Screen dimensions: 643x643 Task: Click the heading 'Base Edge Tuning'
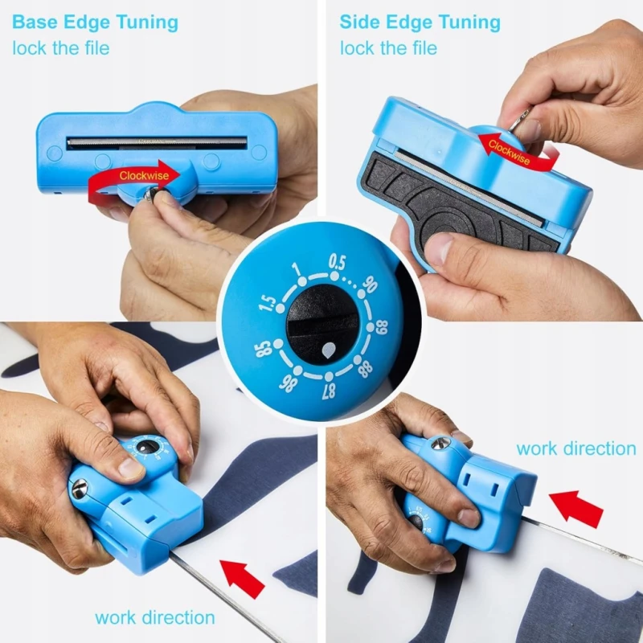point(95,23)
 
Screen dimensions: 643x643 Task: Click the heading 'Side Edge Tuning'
point(420,23)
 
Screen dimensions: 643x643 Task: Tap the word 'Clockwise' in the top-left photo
point(144,176)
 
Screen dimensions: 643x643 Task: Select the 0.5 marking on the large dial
point(337,262)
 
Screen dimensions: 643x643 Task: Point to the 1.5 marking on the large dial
point(268,303)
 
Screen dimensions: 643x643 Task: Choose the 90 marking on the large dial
point(370,285)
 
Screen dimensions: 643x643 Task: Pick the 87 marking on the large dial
point(329,391)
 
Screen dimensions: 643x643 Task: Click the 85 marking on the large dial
point(264,349)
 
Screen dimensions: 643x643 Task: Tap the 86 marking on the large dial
point(288,383)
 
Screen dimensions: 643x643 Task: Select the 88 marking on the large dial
point(365,369)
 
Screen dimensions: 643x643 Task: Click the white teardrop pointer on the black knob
point(328,350)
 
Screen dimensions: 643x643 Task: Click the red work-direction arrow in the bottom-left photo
point(243,578)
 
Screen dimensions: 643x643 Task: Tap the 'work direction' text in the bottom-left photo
point(155,617)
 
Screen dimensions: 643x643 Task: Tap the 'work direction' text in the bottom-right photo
point(576,448)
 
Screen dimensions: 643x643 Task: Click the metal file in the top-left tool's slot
point(157,143)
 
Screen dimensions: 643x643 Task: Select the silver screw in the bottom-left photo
point(80,489)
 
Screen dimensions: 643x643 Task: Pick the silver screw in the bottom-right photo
point(440,444)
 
